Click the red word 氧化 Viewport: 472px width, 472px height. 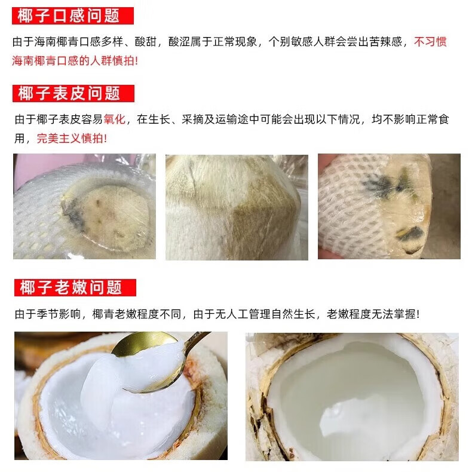(115, 119)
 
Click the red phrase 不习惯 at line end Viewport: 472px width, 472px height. (431, 42)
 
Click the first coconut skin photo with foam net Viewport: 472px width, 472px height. (84, 206)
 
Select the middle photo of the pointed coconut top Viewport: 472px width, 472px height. (236, 206)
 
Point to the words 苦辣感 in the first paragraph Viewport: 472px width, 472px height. (391, 42)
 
